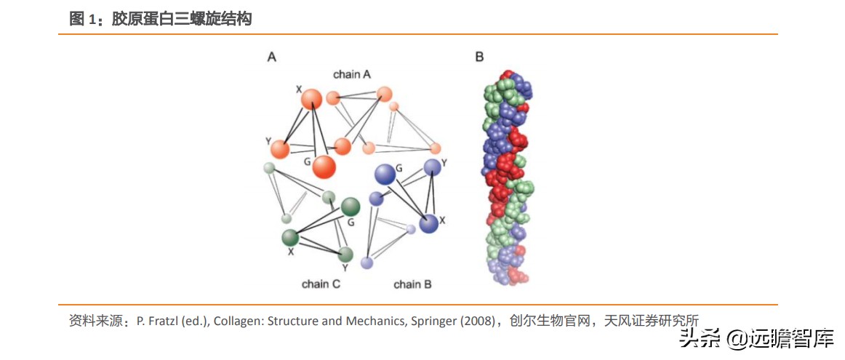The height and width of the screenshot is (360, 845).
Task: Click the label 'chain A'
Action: [x=352, y=74]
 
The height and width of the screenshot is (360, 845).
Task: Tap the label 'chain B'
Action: [x=412, y=284]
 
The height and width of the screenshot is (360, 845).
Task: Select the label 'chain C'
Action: [x=321, y=284]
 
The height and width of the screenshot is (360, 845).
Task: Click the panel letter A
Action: [x=271, y=56]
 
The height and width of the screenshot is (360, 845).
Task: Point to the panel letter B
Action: [x=479, y=56]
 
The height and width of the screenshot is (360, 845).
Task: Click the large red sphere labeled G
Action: [x=324, y=167]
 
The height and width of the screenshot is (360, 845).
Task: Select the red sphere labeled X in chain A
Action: [x=311, y=100]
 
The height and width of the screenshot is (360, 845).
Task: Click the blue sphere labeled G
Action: [x=385, y=173]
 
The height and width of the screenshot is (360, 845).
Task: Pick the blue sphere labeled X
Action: [x=428, y=223]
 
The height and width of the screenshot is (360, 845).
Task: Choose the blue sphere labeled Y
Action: [x=433, y=167]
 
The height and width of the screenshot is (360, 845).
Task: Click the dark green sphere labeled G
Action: [x=351, y=207]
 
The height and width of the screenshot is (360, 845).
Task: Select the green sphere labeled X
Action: [x=290, y=237]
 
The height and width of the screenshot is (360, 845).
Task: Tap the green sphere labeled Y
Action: [x=345, y=254]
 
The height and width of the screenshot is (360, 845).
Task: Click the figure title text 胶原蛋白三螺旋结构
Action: [x=182, y=20]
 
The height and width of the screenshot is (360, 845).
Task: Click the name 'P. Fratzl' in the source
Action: [x=156, y=321]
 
